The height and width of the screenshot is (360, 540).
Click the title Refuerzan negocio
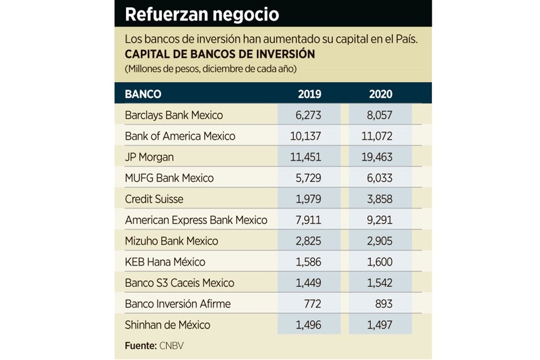coord(201,15)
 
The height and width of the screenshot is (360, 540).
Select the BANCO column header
coord(143,94)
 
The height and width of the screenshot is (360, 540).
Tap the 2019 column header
coord(309,94)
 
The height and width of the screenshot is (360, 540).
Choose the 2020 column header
coord(381,94)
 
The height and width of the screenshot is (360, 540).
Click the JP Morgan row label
coord(149,157)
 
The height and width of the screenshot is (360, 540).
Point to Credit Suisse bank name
coord(154,199)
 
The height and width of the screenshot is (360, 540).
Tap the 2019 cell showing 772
coord(312,304)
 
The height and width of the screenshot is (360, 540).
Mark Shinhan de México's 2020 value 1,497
coord(379,325)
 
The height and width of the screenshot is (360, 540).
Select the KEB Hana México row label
coord(165,262)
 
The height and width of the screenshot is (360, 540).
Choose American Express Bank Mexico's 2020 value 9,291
coord(379,220)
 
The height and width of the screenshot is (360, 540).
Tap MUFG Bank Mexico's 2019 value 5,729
coord(308,178)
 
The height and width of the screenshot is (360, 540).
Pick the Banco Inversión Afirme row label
coord(178,304)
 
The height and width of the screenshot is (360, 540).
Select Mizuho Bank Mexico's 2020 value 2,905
coord(379,241)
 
